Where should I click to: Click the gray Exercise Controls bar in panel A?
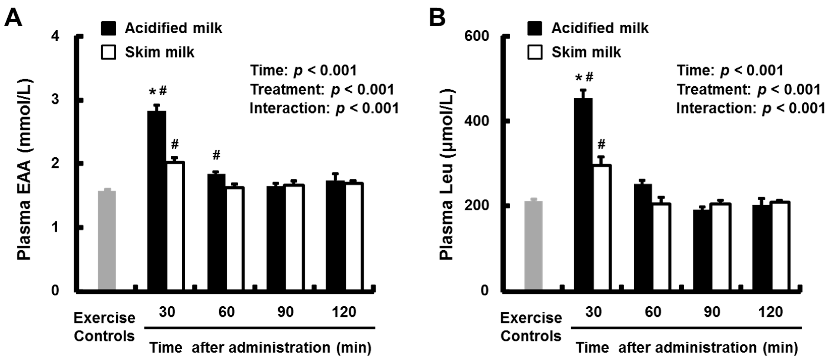tap(107, 240)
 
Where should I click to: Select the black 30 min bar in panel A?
tap(157, 200)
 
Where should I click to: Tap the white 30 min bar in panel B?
tap(602, 227)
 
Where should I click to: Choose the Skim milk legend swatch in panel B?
tap(535, 52)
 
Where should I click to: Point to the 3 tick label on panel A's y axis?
tap(55, 99)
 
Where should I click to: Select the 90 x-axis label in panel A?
tap(285, 312)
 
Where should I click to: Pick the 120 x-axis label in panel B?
tap(771, 312)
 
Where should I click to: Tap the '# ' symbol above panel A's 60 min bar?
tap(217, 155)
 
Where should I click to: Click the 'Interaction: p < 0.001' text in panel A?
tap(324, 108)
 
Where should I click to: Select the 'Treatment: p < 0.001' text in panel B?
tap(749, 90)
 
